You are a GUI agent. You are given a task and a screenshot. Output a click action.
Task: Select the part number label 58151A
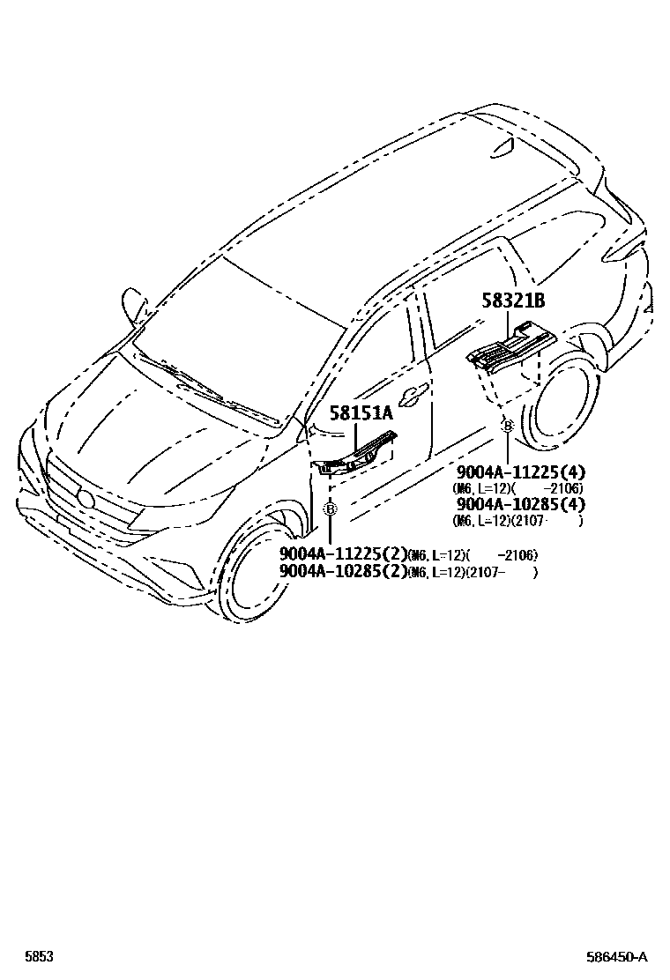[361, 412]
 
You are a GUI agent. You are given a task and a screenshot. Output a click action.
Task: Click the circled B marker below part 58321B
[507, 427]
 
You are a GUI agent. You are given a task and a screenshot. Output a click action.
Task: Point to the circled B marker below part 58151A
[330, 509]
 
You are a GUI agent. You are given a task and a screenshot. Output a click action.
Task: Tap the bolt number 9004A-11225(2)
[343, 554]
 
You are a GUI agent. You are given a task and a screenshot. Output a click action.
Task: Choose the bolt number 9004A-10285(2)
[343, 571]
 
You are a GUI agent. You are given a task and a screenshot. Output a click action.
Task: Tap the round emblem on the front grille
[86, 499]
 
